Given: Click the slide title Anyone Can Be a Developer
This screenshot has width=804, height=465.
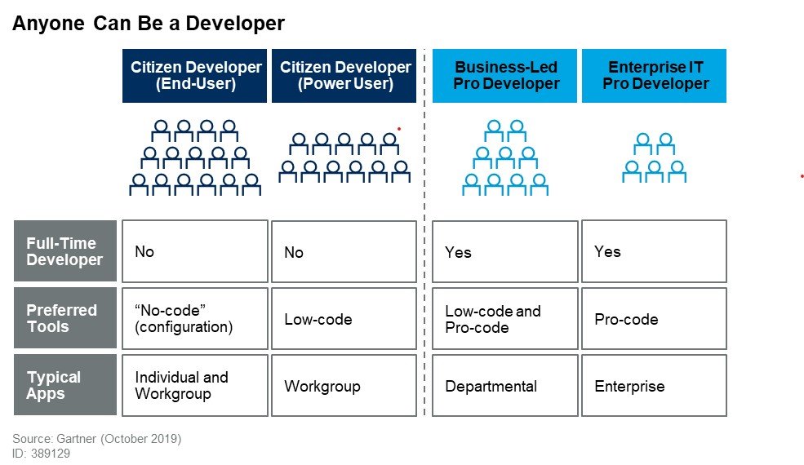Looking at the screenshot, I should tap(148, 24).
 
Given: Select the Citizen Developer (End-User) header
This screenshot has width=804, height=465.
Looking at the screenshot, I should tap(195, 76).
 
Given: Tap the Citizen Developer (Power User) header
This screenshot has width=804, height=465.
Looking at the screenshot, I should tap(344, 76).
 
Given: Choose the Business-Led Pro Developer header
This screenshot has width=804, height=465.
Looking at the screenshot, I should tap(505, 76).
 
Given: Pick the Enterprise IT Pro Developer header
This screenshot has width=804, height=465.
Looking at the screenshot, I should tap(654, 76).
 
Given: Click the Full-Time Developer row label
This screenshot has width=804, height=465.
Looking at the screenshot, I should tap(64, 251).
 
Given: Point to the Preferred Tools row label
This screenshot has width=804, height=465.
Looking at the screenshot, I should tap(64, 318).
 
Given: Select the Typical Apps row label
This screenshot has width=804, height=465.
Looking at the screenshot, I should tap(64, 385).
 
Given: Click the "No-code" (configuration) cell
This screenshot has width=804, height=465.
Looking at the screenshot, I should tap(195, 318).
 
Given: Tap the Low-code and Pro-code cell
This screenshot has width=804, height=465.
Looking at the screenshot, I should tap(505, 319).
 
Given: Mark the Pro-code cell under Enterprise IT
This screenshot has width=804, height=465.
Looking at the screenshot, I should tap(654, 318).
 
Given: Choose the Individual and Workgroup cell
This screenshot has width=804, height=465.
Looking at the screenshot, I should tap(195, 385).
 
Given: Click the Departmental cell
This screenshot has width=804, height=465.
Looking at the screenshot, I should tap(505, 386).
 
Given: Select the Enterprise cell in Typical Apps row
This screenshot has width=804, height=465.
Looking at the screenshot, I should tap(654, 385).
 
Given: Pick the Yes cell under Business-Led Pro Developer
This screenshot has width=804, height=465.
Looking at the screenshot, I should tap(505, 252).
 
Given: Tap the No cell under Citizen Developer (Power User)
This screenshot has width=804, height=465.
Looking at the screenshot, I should tap(344, 252).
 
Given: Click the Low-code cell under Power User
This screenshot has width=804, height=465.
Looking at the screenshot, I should tap(344, 319).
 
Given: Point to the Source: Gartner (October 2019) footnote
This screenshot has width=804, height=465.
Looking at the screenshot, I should tap(96, 439).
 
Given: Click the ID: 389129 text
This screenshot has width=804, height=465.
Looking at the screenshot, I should tap(41, 454).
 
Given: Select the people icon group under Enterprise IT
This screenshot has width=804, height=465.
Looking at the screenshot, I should tap(654, 158).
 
